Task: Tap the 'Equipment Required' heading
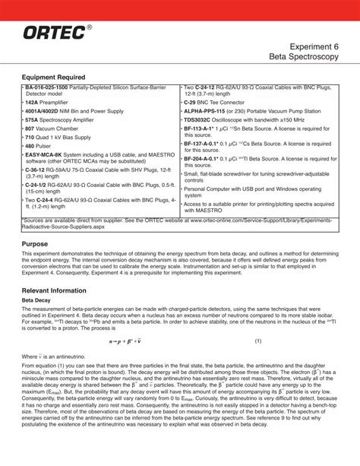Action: click(53, 78)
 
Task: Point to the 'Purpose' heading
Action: click(35, 244)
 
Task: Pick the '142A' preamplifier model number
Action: click(32, 101)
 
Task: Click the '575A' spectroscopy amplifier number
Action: click(32, 119)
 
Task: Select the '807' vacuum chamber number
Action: click(30, 128)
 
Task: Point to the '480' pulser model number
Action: click(30, 145)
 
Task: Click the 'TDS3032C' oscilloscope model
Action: click(200, 119)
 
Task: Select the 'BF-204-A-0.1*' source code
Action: click(206, 159)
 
